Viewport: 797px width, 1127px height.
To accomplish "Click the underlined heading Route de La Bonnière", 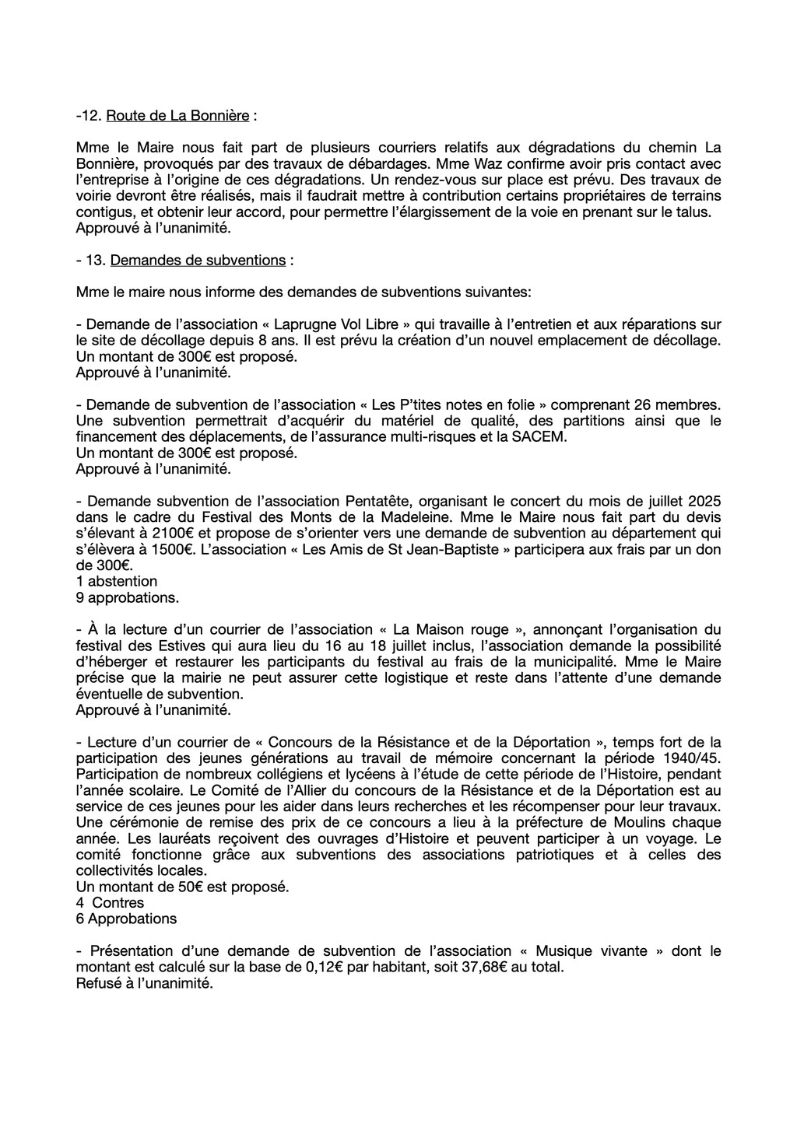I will tap(177, 116).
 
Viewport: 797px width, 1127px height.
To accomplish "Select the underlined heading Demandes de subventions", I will tap(198, 260).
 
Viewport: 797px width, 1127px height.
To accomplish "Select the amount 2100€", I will tap(172, 533).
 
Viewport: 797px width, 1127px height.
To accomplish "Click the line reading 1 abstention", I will tap(117, 581).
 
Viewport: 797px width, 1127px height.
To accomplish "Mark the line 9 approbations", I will tap(128, 597).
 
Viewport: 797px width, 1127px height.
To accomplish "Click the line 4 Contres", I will tap(110, 902).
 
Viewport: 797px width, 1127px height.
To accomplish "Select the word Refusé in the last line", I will tap(99, 983).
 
